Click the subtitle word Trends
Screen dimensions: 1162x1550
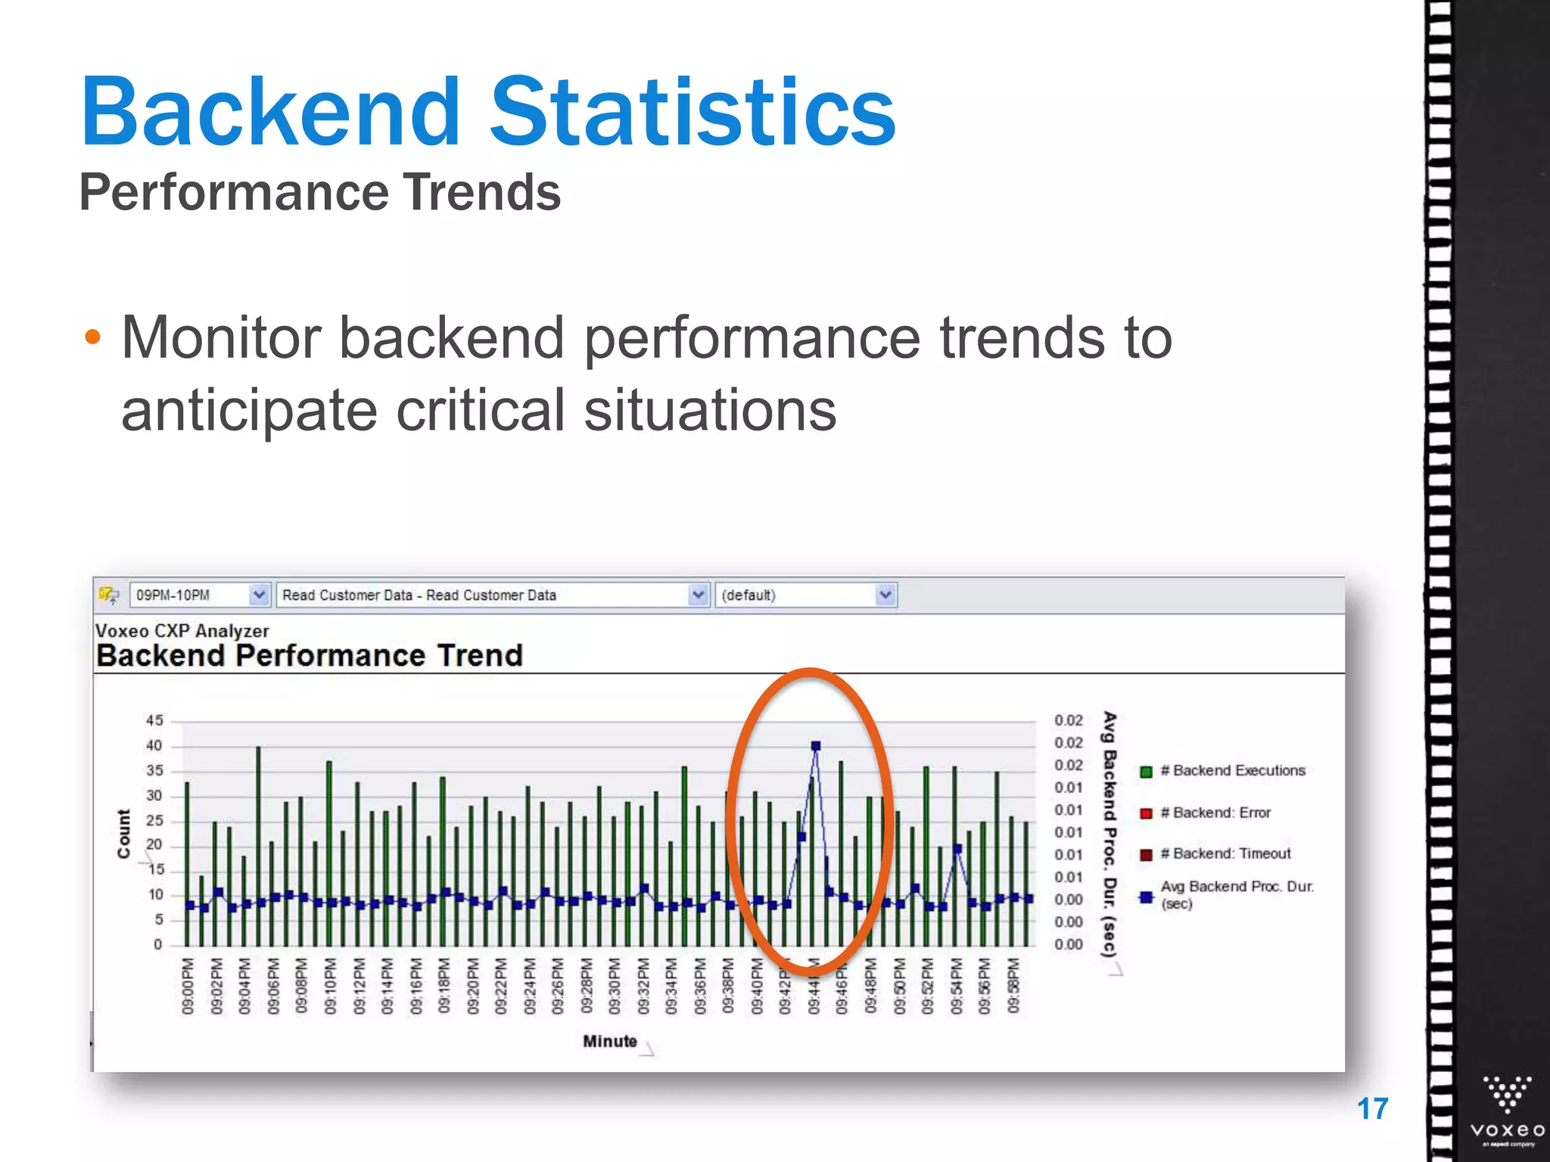click(481, 192)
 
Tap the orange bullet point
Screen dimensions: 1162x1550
click(92, 337)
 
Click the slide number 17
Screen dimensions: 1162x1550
click(1372, 1109)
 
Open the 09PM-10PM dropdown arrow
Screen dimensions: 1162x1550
click(259, 595)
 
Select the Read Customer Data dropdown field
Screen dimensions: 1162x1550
click(484, 595)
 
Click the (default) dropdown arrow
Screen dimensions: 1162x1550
click(885, 595)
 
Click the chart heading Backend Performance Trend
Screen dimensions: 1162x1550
click(310, 655)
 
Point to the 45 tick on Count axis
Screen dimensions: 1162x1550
click(154, 720)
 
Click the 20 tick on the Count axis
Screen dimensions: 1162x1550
click(154, 845)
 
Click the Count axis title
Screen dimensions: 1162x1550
click(123, 834)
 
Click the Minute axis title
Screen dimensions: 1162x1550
click(609, 1041)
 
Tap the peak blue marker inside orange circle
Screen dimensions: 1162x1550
click(815, 746)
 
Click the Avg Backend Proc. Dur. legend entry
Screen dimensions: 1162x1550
click(1237, 894)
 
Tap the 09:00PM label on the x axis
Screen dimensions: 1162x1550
click(188, 986)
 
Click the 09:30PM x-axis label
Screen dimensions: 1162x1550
click(615, 986)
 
